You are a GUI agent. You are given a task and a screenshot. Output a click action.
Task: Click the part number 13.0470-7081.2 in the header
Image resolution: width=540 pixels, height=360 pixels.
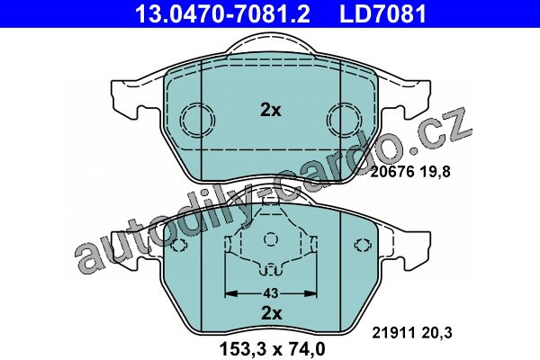222,13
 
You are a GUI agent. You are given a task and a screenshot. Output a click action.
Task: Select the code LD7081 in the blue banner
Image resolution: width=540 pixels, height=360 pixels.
383,13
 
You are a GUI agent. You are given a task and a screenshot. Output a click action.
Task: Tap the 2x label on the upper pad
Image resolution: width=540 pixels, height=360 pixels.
270,110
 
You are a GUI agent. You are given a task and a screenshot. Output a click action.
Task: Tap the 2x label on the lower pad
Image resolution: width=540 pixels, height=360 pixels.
272,313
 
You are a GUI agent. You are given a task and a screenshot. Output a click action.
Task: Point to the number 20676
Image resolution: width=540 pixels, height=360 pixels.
392,172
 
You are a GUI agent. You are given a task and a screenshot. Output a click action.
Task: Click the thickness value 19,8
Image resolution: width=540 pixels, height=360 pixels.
435,172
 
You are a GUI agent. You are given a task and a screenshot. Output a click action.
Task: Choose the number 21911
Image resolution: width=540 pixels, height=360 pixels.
394,333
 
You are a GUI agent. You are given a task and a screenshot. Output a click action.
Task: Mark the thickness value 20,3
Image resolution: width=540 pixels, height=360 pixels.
436,333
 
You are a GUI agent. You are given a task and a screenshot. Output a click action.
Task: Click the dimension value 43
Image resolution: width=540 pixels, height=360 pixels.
271,293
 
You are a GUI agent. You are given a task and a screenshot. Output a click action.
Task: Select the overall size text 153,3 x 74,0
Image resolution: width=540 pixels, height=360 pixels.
272,349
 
